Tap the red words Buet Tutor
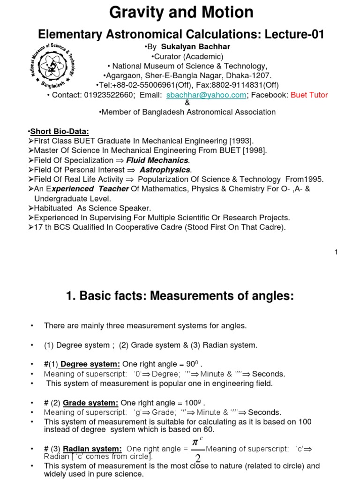coord(309,95)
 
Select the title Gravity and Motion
coord(181,13)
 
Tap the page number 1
coord(336,252)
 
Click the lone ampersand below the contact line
coord(187,103)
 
